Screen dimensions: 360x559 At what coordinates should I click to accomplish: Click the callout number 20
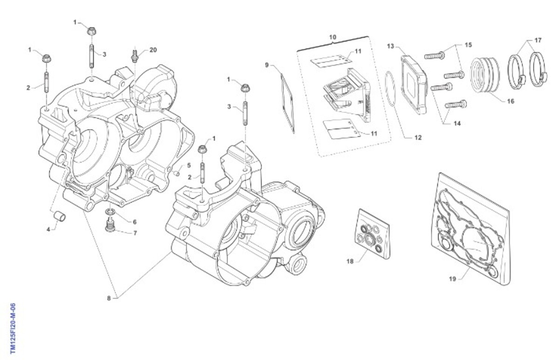(153, 50)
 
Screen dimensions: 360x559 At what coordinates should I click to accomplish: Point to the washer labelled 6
(110, 214)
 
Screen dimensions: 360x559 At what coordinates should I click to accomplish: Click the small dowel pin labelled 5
(177, 173)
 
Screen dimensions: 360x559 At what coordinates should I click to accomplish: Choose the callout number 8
(109, 298)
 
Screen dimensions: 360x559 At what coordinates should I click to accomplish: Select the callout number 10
(332, 36)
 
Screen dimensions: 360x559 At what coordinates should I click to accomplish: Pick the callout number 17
(538, 41)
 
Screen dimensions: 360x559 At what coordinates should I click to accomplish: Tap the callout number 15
(468, 45)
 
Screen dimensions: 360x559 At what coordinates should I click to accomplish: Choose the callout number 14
(457, 123)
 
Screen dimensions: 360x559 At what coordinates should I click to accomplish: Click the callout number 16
(511, 101)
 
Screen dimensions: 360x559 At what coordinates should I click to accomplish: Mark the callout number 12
(418, 137)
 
